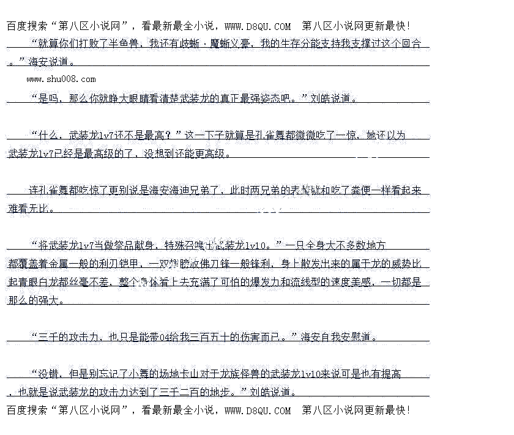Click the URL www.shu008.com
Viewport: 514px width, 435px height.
click(61, 79)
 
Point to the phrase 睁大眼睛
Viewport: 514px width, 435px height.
click(117, 98)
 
